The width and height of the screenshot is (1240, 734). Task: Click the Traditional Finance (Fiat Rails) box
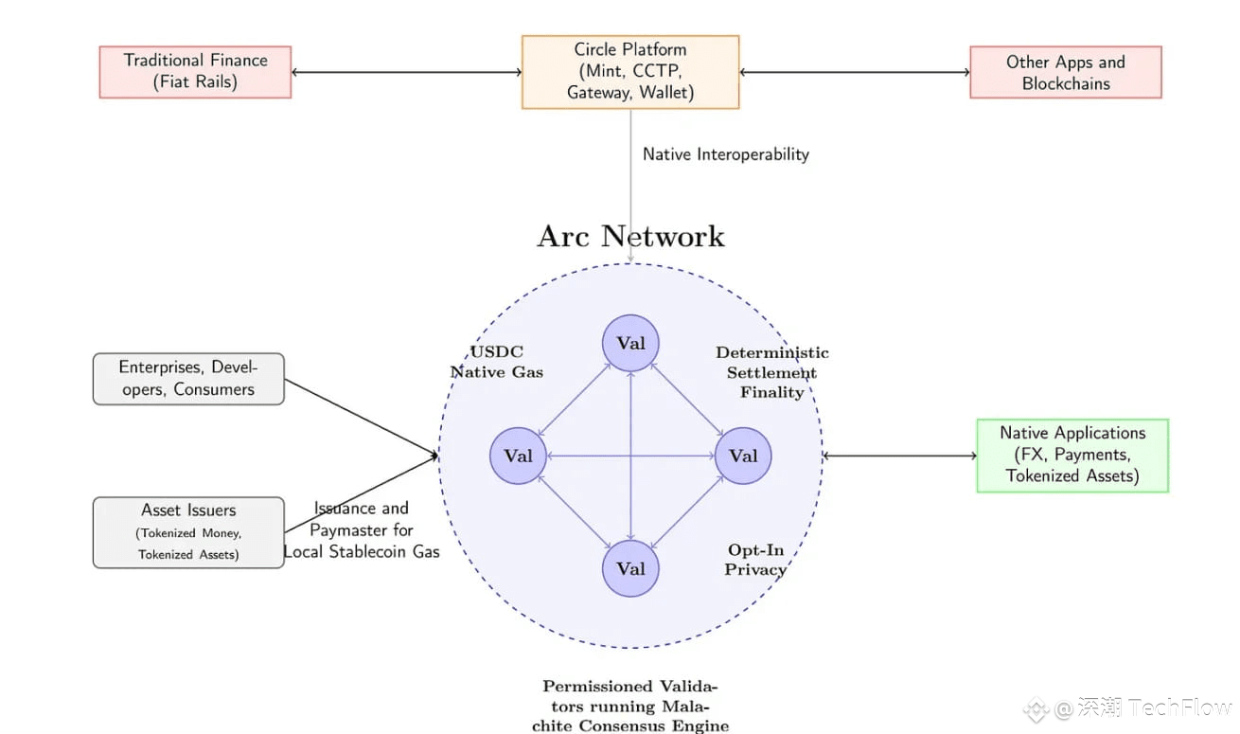coord(195,72)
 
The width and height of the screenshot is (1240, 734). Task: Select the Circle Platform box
coord(630,72)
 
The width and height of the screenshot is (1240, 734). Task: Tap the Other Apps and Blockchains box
coord(1066,72)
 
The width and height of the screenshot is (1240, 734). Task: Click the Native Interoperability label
coord(726,154)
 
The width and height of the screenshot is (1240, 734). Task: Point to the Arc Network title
coord(630,237)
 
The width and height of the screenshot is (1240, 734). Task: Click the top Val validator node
coord(630,343)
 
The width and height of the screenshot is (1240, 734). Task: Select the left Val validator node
coord(518,456)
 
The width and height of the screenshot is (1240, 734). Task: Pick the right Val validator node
coord(743,456)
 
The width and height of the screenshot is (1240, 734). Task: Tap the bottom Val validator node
coord(630,568)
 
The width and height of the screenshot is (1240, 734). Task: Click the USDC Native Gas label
coord(497,362)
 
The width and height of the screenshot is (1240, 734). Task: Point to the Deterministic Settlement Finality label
coord(772,372)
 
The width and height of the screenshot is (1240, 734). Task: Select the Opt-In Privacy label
coord(755,560)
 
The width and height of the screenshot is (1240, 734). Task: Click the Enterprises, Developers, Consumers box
coord(188,379)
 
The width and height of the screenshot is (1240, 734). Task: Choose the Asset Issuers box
coord(188,532)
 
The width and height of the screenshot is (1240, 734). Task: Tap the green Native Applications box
coord(1072,456)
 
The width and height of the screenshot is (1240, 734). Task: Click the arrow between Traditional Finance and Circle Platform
coord(407,72)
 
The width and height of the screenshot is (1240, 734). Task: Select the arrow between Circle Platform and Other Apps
coord(855,72)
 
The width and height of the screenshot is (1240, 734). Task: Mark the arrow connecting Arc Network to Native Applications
coord(899,456)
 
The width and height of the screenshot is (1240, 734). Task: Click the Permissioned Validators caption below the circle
coord(630,706)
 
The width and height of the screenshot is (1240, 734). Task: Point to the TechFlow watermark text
coord(1179,708)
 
